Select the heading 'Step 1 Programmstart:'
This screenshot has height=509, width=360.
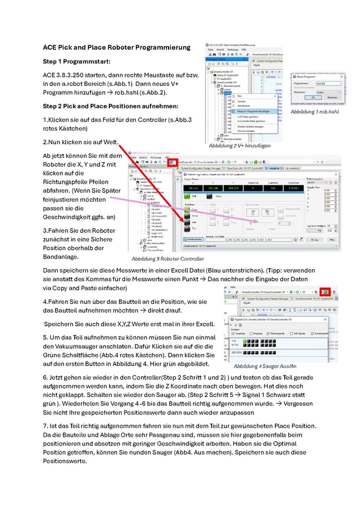[77, 61]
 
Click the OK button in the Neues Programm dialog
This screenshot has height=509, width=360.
[316, 97]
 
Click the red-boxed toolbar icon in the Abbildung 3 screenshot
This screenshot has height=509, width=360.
[172, 162]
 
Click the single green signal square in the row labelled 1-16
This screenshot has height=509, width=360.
[247, 342]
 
